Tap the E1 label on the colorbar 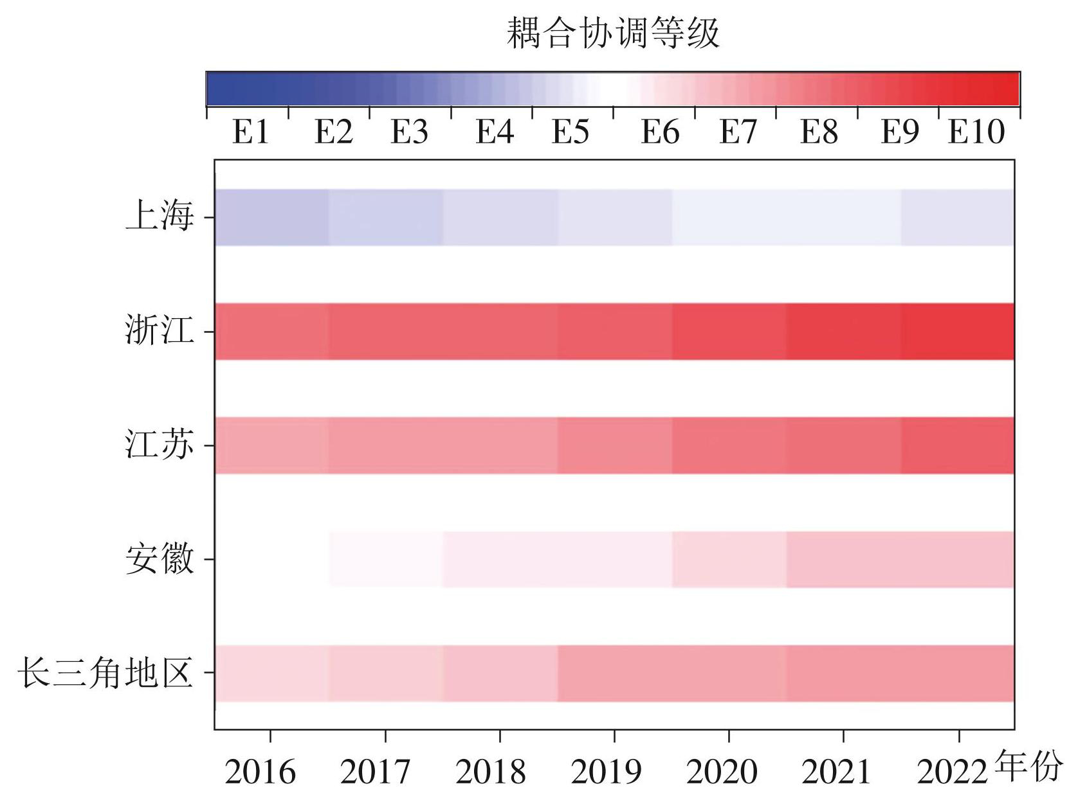tap(250, 132)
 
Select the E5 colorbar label tap(571, 132)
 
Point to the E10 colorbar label tap(976, 132)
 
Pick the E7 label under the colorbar tap(738, 132)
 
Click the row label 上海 tap(160, 217)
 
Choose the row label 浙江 tap(160, 332)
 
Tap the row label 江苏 tap(160, 445)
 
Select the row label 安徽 tap(160, 559)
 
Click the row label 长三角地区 tap(105, 673)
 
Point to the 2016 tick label tap(260, 772)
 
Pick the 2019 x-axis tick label tap(606, 772)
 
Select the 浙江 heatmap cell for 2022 tap(958, 332)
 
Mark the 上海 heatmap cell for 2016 tap(271, 217)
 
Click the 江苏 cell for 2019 tap(615, 445)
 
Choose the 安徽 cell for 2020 tap(729, 559)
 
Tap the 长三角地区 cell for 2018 tap(500, 673)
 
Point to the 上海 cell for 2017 tap(386, 217)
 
